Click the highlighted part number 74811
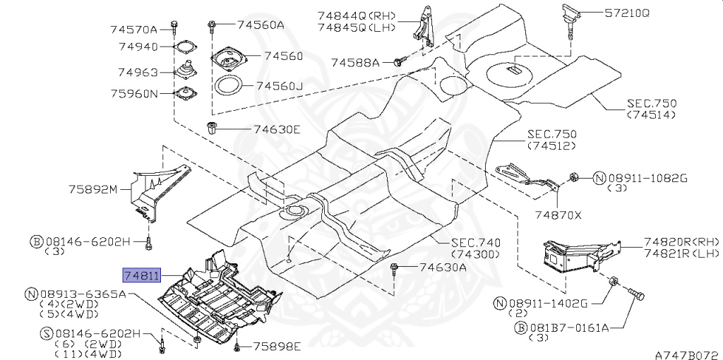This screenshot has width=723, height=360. [141, 275]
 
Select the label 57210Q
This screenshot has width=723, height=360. [627, 13]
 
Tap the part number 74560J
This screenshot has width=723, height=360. [280, 85]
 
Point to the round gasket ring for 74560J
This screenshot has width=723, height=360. [228, 86]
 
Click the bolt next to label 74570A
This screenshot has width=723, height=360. [174, 28]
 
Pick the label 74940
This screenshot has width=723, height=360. [138, 47]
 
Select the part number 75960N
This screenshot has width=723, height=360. [134, 94]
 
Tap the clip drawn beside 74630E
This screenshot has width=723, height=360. [212, 128]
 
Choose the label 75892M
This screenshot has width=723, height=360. [94, 189]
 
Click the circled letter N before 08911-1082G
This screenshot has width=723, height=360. [599, 179]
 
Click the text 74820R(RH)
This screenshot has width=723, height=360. [681, 242]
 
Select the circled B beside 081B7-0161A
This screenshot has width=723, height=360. [520, 328]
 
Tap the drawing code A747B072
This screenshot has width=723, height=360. [688, 355]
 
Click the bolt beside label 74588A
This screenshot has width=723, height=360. [400, 61]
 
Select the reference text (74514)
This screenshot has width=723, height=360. [651, 115]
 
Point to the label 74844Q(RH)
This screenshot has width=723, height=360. [356, 16]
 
